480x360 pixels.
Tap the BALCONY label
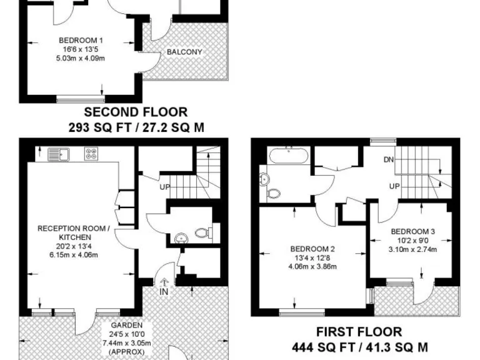coord(184,52)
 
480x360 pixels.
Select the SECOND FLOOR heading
coord(136,112)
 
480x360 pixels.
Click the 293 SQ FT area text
coord(100,127)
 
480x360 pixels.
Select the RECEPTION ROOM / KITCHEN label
coord(74,233)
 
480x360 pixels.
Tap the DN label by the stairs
coord(389,160)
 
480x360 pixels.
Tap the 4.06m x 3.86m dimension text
coord(312,267)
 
